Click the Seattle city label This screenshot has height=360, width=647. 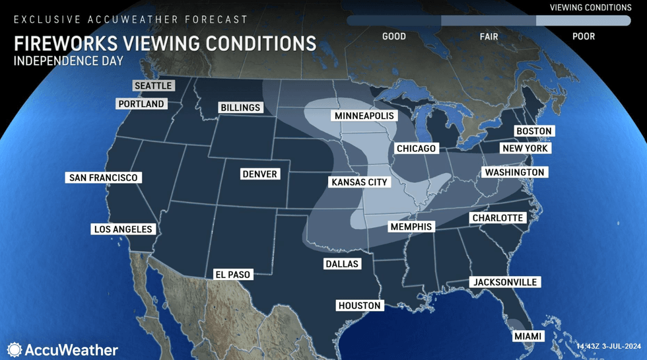153,86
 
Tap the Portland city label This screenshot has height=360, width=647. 141,104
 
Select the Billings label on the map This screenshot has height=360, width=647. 240,108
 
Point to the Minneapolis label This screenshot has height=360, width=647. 364,116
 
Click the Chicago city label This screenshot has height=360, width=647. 416,149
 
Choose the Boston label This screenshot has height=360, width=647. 533,131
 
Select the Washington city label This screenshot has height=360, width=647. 514,172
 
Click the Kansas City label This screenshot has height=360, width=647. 359,182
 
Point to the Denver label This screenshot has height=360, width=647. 259,174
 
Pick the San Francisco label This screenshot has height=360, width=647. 103,178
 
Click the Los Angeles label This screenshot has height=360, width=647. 123,229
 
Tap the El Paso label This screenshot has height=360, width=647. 232,274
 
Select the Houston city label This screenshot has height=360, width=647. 359,306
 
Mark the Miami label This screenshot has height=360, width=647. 528,337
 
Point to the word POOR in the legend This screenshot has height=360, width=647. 584,36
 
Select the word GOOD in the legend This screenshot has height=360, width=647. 394,36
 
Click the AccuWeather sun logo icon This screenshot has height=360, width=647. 15,350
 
